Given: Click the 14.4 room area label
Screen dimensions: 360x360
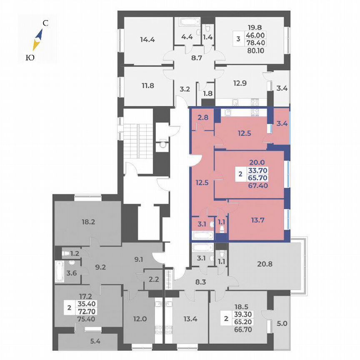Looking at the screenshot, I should click(147, 40).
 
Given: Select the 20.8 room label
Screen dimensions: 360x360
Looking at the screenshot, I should click(265, 263).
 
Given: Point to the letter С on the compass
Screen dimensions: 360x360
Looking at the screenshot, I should click(46, 24).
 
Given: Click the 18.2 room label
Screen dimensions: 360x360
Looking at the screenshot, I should click(88, 222).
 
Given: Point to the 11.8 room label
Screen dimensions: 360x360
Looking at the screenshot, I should click(147, 87).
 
